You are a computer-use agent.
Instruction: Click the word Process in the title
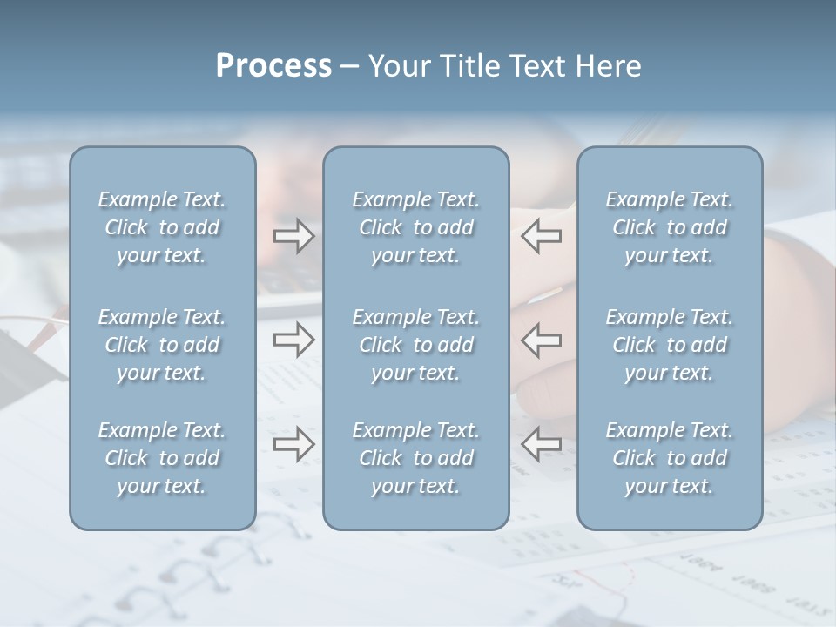(273, 66)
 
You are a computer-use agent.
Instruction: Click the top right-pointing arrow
(294, 235)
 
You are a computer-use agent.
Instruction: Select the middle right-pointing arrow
(294, 340)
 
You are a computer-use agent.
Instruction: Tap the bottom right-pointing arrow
(294, 444)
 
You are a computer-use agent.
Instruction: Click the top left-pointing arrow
(541, 235)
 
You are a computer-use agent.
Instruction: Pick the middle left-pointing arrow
(541, 340)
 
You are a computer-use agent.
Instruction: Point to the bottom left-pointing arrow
(541, 444)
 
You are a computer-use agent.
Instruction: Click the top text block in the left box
(162, 227)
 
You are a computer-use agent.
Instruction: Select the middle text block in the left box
(162, 345)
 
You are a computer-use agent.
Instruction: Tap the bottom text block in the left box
(162, 458)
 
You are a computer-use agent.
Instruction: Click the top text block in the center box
(416, 227)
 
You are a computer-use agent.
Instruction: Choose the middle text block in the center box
(416, 345)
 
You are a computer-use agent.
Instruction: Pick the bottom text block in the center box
(416, 458)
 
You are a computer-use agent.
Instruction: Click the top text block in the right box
(670, 227)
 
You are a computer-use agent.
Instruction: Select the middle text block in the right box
(670, 345)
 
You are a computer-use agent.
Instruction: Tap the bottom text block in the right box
(670, 458)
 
